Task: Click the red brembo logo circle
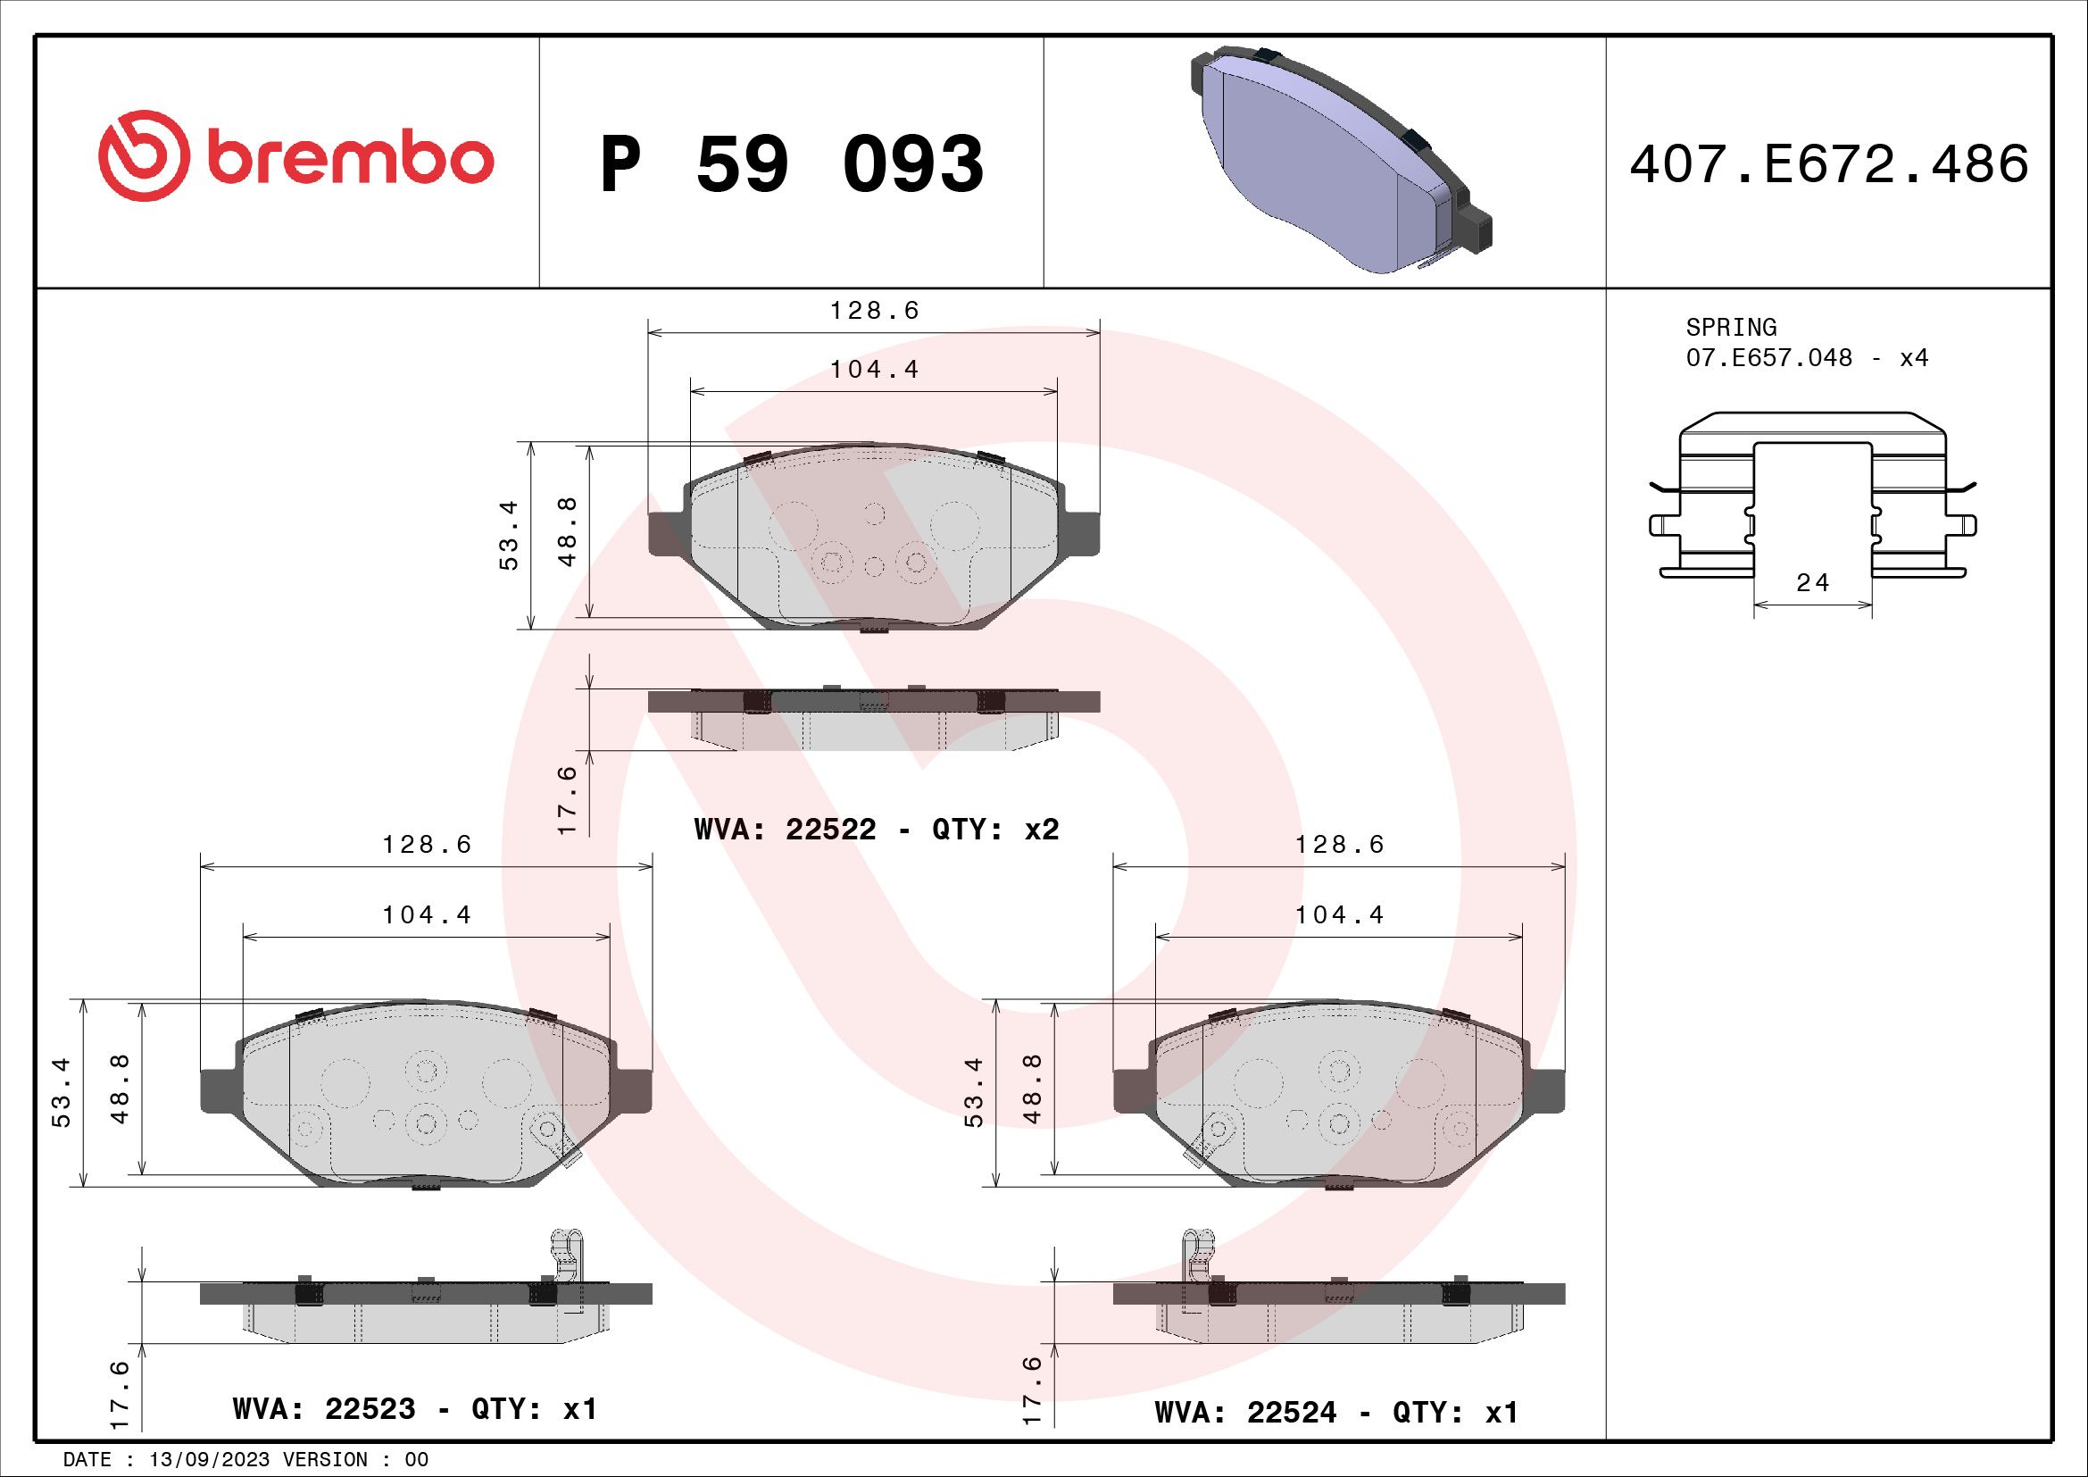[x=144, y=156]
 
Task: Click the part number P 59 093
[x=791, y=164]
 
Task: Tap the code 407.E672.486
[x=1828, y=164]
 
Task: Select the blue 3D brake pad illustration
[x=1337, y=159]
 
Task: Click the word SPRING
[x=1731, y=327]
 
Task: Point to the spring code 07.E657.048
[x=1768, y=357]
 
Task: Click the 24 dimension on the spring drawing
[x=1811, y=583]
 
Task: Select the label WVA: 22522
[x=785, y=830]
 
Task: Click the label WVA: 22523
[x=324, y=1409]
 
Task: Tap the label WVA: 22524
[x=1245, y=1413]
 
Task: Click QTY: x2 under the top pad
[x=994, y=830]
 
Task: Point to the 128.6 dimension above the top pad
[x=874, y=311]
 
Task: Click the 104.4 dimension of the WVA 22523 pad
[x=427, y=915]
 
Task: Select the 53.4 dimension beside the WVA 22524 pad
[x=974, y=1092]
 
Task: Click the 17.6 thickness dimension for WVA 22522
[x=568, y=799]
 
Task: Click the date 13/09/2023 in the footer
[x=208, y=1460]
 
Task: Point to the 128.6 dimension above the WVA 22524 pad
[x=1339, y=845]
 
